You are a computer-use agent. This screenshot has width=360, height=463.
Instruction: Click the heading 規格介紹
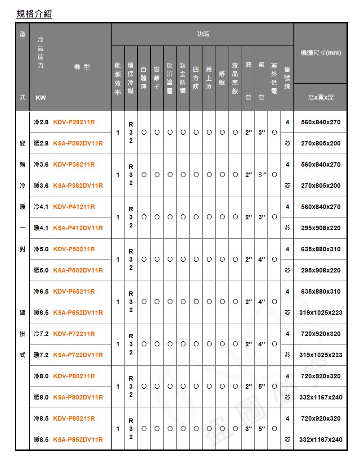[x=34, y=14]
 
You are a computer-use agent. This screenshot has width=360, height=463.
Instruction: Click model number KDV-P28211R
[x=74, y=122]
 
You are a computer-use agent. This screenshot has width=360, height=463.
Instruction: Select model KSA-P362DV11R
[x=78, y=186]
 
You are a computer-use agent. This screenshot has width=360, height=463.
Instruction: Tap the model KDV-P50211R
[x=74, y=249]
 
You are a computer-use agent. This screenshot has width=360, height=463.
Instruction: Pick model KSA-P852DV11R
[x=78, y=440]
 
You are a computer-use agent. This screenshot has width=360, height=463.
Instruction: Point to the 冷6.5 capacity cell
[x=41, y=291]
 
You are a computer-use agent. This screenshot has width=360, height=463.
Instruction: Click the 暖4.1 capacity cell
[x=41, y=228]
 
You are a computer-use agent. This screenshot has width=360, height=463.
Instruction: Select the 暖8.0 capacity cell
[x=41, y=397]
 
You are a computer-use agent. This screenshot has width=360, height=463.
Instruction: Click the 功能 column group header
[x=203, y=34]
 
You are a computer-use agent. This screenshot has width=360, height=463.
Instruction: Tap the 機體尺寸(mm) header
[x=320, y=53]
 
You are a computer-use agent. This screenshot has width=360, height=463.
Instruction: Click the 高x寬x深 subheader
[x=320, y=97]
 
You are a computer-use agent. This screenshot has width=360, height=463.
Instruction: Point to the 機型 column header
[x=81, y=67]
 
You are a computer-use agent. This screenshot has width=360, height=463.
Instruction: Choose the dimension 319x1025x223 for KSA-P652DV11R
[x=320, y=313]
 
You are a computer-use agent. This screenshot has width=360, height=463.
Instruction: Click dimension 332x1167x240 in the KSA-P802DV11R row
[x=320, y=397]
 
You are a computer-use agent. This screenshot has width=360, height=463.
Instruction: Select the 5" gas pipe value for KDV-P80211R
[x=261, y=386]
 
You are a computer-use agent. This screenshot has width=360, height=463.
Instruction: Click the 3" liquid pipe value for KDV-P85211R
[x=248, y=429]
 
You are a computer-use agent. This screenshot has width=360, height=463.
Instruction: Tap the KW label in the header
[x=41, y=98]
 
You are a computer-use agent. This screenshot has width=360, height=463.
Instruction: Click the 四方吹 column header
[x=196, y=77]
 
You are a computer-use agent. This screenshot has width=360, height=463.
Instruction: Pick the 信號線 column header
[x=288, y=77]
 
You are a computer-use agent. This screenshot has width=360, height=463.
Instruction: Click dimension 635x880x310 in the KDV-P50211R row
[x=320, y=249]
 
